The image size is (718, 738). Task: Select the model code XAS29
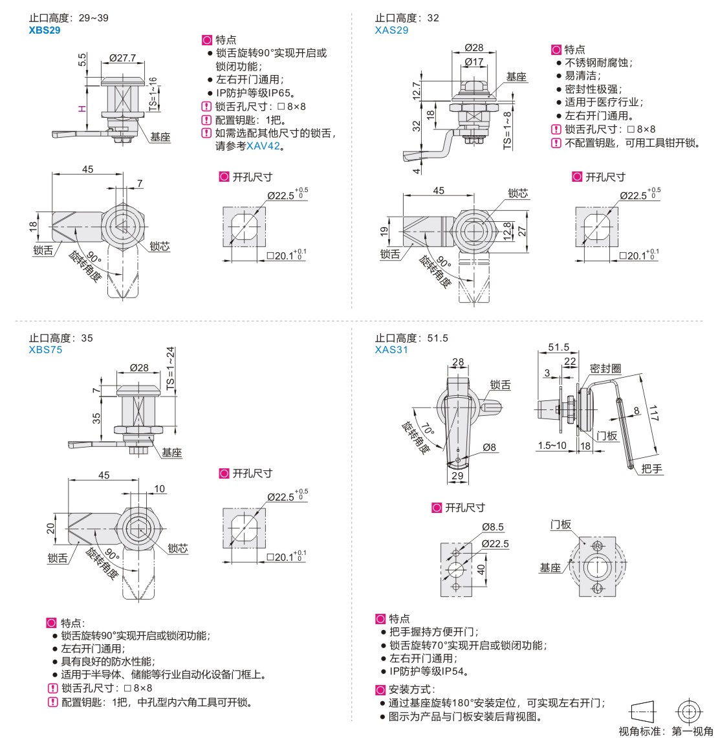[391, 30]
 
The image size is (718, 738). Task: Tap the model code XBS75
[45, 349]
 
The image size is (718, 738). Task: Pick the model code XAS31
[391, 349]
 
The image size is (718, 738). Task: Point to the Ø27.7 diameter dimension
[122, 58]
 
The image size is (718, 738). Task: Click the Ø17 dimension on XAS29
[473, 62]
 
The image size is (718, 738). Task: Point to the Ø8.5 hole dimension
[492, 527]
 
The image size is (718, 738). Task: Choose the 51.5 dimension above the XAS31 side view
[558, 347]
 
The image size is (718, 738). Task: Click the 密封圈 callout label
[605, 368]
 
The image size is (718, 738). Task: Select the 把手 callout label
[652, 468]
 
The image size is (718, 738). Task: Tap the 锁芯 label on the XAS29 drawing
[517, 193]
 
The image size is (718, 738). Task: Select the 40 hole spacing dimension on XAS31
[481, 569]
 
